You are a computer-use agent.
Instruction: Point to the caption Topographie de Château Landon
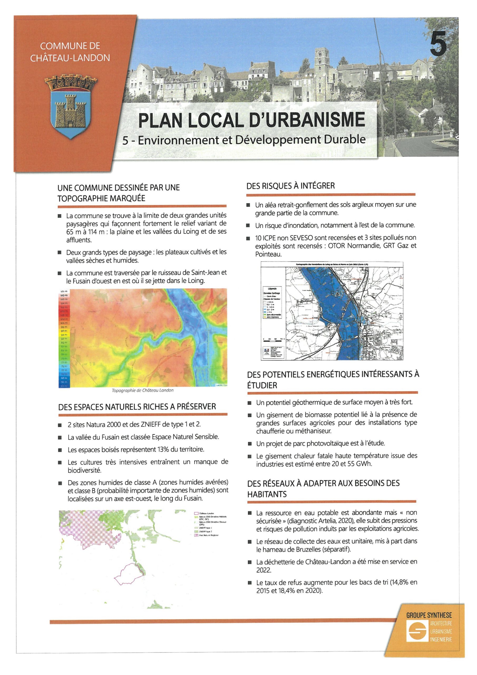point(143,390)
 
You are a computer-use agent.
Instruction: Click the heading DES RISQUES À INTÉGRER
point(290,186)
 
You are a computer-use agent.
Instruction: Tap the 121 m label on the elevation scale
point(64,291)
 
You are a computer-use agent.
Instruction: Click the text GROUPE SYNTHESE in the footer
point(429,615)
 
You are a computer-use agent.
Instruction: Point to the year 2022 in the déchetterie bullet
point(263,570)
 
